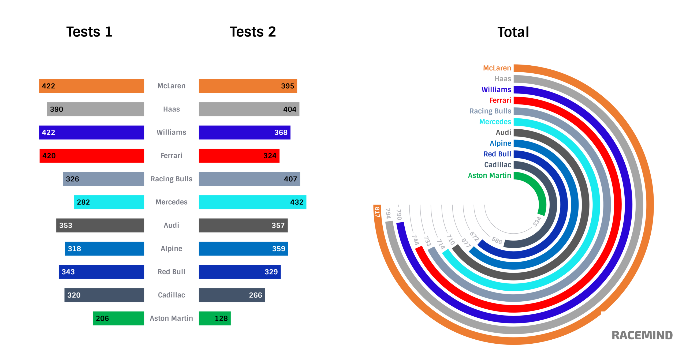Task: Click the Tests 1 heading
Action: (89, 32)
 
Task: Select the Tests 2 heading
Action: (253, 32)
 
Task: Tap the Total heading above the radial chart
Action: (513, 32)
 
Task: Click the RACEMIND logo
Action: (642, 335)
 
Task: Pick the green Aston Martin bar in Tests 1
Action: (118, 318)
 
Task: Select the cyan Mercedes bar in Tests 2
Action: (252, 202)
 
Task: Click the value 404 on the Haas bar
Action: (290, 109)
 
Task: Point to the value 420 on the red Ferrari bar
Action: (49, 156)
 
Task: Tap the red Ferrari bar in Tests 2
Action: (239, 156)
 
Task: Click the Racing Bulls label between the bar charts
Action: (171, 179)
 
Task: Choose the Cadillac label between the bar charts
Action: (171, 295)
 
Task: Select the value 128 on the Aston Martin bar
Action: (221, 318)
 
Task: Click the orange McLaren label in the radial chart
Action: (497, 68)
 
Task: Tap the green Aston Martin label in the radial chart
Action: (489, 175)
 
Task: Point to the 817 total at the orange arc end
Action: (377, 212)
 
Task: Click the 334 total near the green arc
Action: (537, 222)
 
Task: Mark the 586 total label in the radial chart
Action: (497, 240)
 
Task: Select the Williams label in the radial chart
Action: (496, 89)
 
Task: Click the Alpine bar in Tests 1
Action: (104, 249)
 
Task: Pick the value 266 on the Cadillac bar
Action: (255, 295)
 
